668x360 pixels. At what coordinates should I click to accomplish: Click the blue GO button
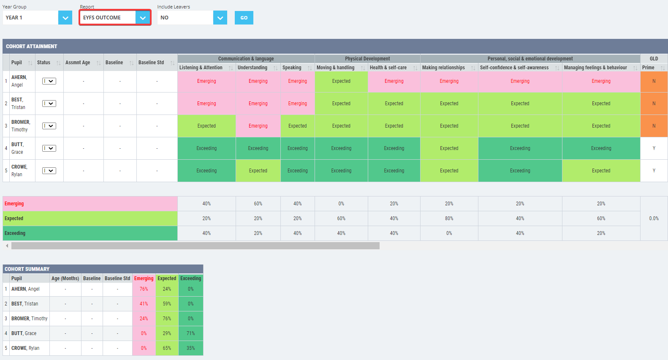click(244, 18)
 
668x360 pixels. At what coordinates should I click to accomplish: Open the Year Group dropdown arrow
click(65, 18)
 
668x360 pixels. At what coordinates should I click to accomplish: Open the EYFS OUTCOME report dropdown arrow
click(143, 18)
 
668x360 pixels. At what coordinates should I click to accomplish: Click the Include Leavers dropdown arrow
click(220, 18)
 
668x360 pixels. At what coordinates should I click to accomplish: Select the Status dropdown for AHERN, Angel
click(49, 81)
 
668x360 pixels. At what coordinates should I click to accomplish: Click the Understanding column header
click(252, 68)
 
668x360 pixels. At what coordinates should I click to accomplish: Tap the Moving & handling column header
click(336, 68)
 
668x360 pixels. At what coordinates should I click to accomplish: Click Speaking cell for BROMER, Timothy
click(297, 126)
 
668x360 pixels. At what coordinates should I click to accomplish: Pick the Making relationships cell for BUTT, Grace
click(449, 148)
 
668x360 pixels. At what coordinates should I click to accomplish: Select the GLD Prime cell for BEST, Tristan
click(654, 104)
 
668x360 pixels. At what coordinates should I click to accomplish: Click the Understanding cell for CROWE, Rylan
click(258, 171)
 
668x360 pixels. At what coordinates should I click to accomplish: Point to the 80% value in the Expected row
click(449, 218)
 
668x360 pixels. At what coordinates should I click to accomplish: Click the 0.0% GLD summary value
click(654, 218)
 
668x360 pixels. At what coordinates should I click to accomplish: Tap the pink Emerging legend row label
click(14, 204)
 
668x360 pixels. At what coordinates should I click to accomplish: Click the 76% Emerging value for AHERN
click(144, 289)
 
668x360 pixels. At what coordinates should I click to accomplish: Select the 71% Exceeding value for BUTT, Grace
click(190, 333)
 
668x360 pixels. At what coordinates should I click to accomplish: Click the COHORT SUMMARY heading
click(27, 269)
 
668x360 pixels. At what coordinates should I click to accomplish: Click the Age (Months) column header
click(65, 278)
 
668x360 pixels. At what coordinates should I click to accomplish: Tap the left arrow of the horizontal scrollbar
click(7, 245)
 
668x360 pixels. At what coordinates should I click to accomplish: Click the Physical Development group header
click(367, 59)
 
